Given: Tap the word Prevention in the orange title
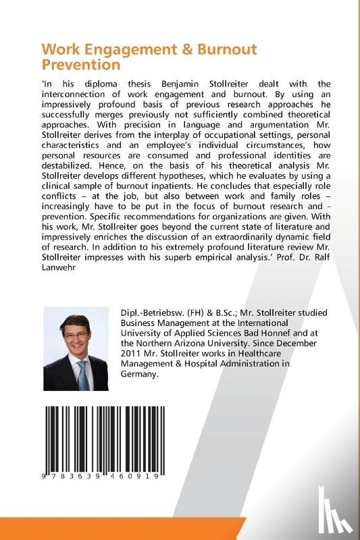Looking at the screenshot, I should pos(80,65).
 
